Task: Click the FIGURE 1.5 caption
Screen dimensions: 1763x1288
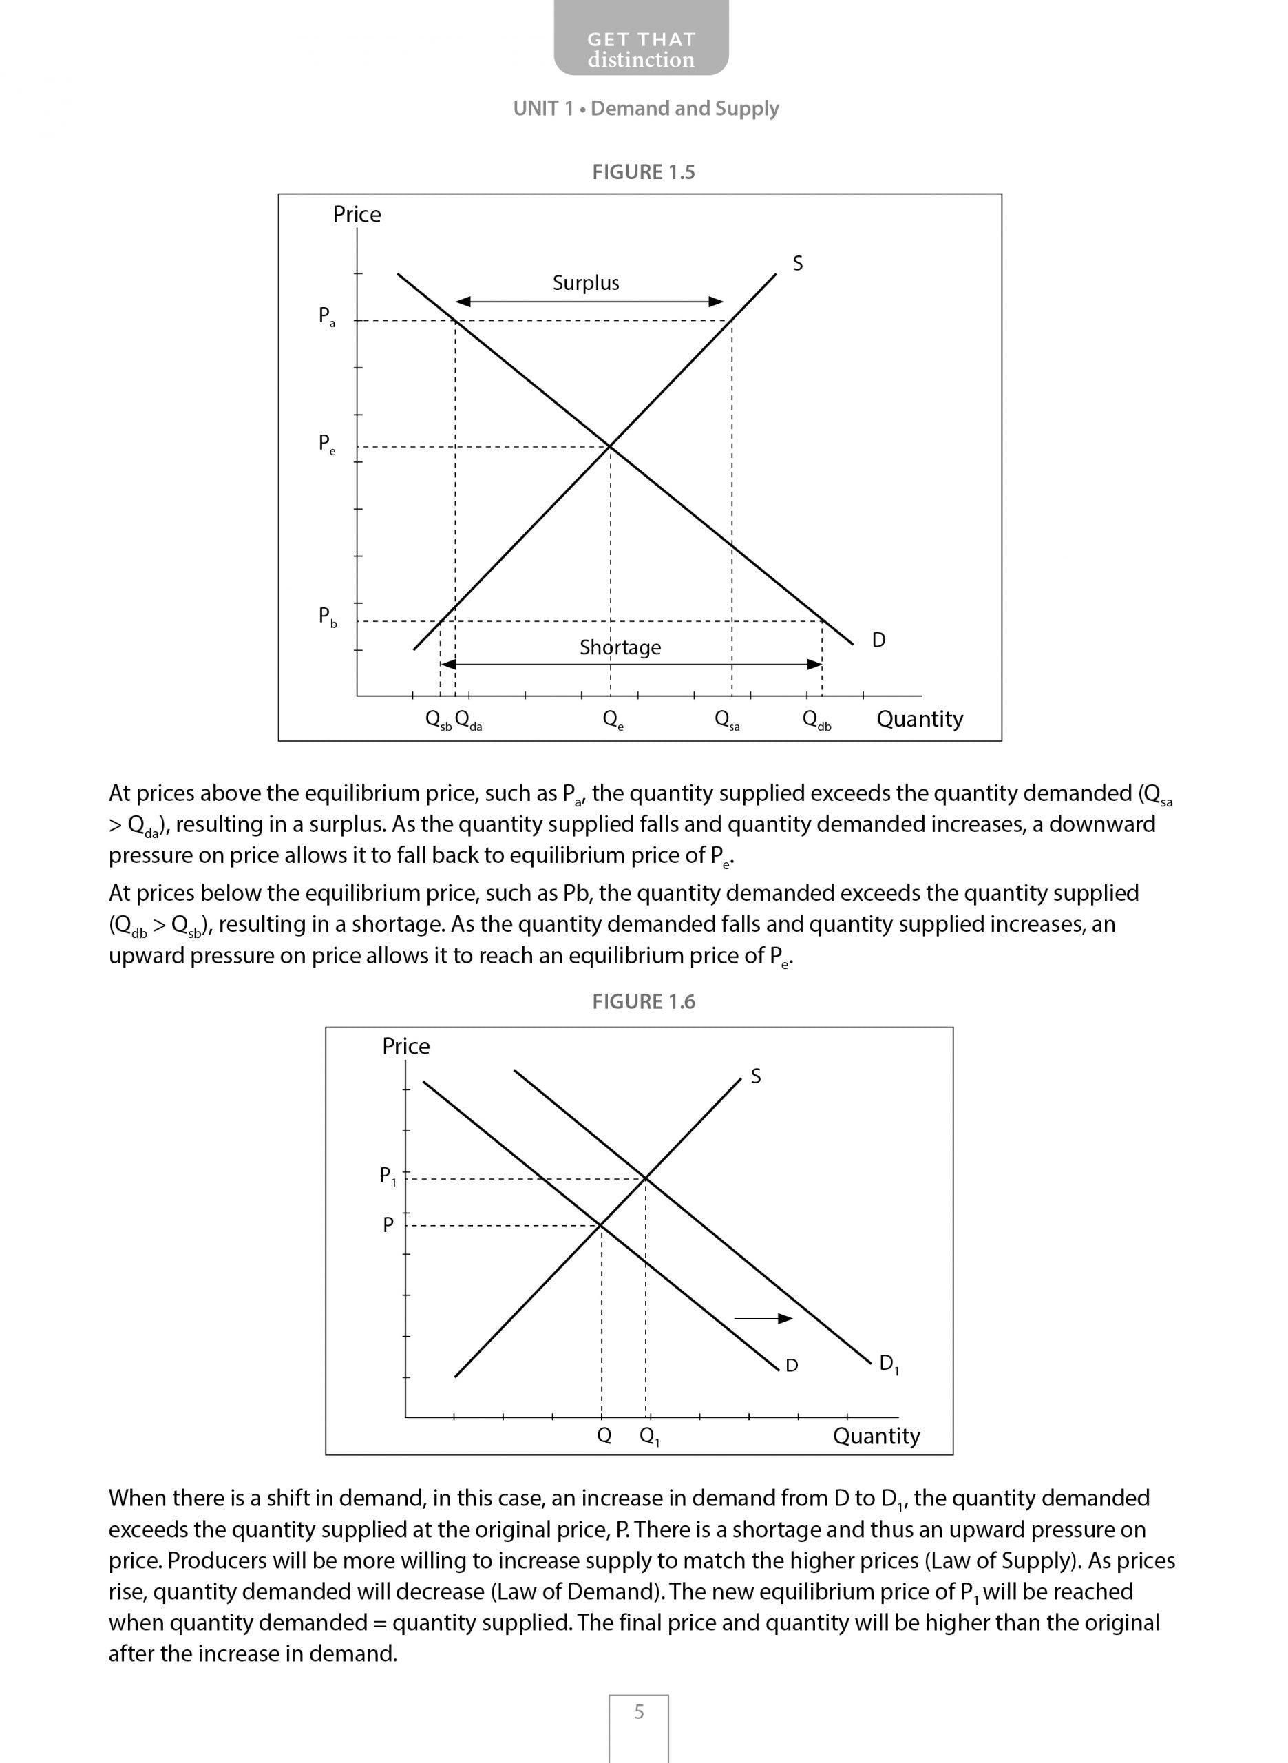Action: click(643, 172)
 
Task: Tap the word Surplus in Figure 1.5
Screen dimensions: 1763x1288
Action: click(586, 283)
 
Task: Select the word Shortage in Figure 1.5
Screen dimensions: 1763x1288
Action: click(620, 647)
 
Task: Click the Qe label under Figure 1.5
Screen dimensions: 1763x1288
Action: click(613, 719)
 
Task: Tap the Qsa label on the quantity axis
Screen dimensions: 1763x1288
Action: click(727, 719)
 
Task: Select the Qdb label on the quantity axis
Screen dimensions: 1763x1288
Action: click(816, 719)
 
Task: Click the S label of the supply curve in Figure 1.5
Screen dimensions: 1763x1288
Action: click(798, 264)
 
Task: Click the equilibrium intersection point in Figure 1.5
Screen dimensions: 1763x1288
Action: click(610, 446)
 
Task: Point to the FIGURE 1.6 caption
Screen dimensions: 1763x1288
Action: click(643, 1002)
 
